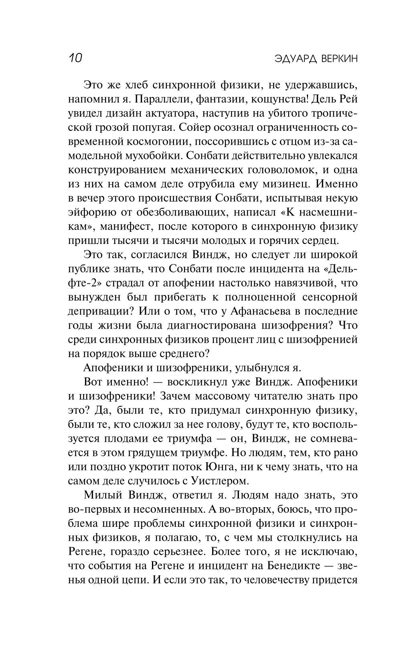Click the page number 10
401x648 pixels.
tap(75, 58)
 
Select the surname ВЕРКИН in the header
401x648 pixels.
tap(339, 59)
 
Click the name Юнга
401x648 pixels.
tap(232, 467)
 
